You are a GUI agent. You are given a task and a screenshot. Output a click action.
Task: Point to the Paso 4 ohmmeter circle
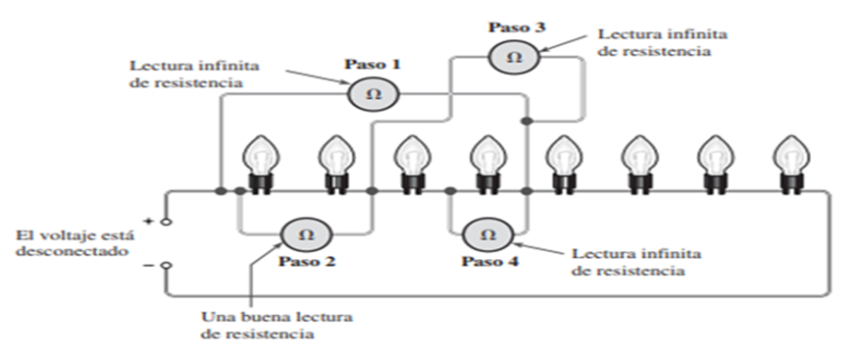tap(486, 234)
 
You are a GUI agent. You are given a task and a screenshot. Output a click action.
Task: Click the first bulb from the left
tap(259, 161)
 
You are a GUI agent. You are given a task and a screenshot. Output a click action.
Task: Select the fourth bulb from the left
tap(485, 161)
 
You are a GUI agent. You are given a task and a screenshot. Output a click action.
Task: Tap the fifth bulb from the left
tap(561, 161)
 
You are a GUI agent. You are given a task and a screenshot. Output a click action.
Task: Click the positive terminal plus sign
tap(150, 221)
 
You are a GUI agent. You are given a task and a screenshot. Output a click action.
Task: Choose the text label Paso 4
tap(487, 262)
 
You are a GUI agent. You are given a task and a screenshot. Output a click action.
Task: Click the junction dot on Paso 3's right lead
tap(527, 122)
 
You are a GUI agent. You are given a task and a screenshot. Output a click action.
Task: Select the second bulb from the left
tap(334, 161)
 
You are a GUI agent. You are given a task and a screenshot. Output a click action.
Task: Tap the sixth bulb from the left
tap(636, 161)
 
